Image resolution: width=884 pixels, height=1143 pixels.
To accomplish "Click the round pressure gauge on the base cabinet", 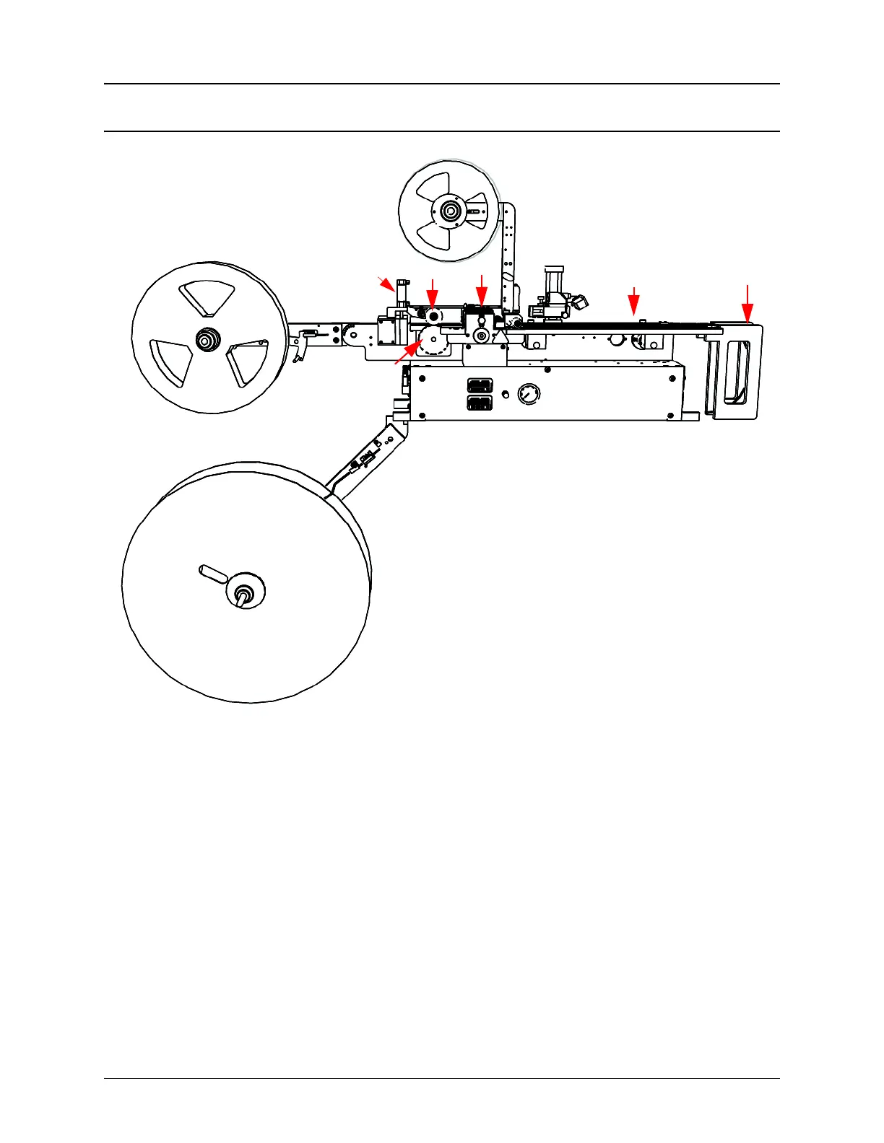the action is tap(529, 394).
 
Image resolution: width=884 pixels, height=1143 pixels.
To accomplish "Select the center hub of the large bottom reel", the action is tap(244, 594).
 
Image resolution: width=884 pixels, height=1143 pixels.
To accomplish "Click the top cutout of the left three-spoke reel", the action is tap(207, 298).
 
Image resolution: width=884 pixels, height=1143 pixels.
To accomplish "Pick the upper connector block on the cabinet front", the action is tap(480, 386).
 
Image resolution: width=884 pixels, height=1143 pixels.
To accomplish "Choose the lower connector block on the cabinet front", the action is tap(480, 403).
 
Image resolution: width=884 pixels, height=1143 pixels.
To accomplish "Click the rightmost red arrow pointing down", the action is tap(747, 304).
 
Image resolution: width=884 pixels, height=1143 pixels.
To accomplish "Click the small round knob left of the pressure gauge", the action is tap(505, 394).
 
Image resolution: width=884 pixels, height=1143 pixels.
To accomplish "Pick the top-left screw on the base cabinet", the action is tap(422, 377).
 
